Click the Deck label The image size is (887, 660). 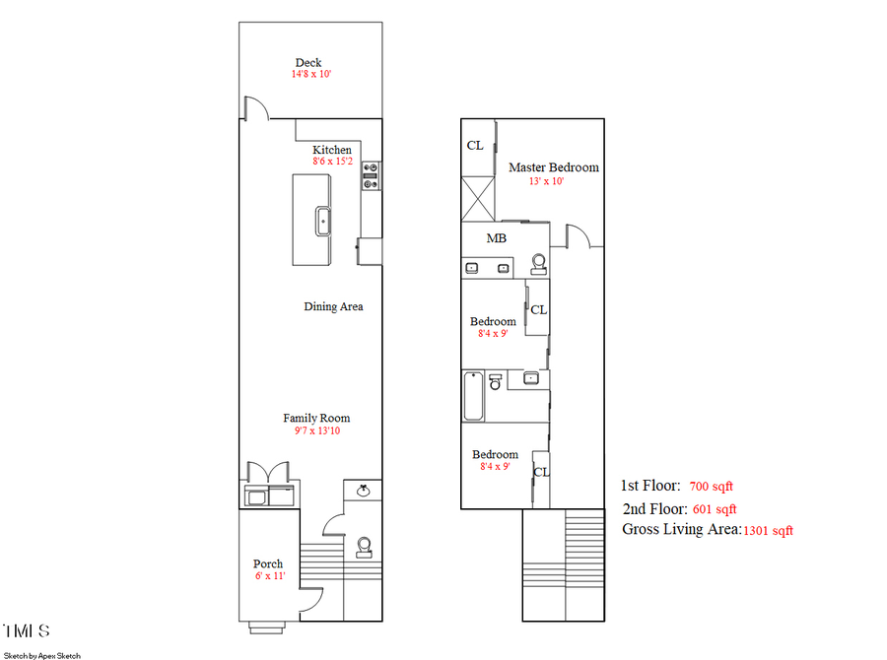pyautogui.click(x=307, y=63)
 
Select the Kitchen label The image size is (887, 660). pyautogui.click(x=332, y=150)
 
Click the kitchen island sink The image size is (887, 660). pyautogui.click(x=322, y=220)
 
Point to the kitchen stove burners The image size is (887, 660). pyautogui.click(x=372, y=174)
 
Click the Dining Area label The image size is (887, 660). pyautogui.click(x=333, y=307)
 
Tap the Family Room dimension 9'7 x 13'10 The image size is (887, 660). pyautogui.click(x=316, y=430)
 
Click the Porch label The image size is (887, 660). pyautogui.click(x=268, y=564)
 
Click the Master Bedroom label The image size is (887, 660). pyautogui.click(x=553, y=167)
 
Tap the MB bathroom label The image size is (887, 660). pyautogui.click(x=497, y=238)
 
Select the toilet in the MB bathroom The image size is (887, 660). pyautogui.click(x=538, y=263)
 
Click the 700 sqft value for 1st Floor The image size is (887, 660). pyautogui.click(x=712, y=487)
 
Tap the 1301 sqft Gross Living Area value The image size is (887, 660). pyautogui.click(x=768, y=531)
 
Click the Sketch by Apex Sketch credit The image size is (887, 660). pyautogui.click(x=42, y=654)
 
